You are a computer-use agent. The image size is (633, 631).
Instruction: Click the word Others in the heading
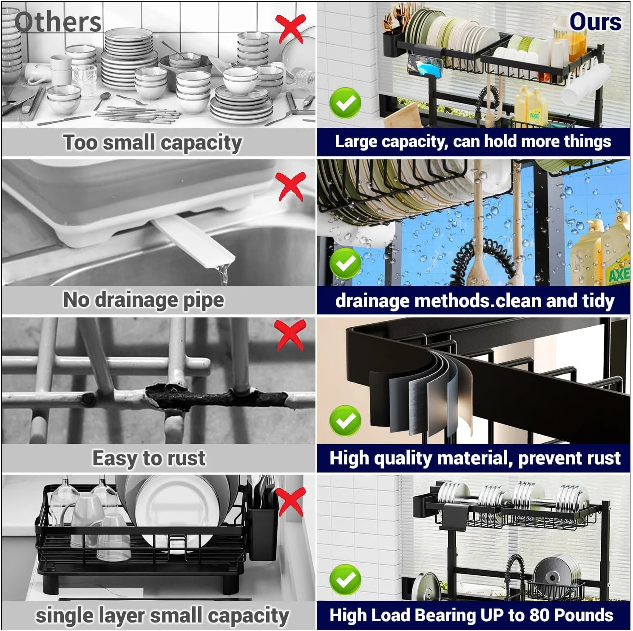(58, 22)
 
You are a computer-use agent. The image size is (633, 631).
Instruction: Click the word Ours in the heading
(595, 22)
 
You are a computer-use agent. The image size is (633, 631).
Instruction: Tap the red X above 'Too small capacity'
(291, 28)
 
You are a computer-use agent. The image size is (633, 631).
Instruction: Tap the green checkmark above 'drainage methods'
(345, 263)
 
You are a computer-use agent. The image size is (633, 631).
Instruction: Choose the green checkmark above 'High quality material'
(345, 421)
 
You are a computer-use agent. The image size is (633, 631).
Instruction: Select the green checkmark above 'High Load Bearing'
(345, 580)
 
